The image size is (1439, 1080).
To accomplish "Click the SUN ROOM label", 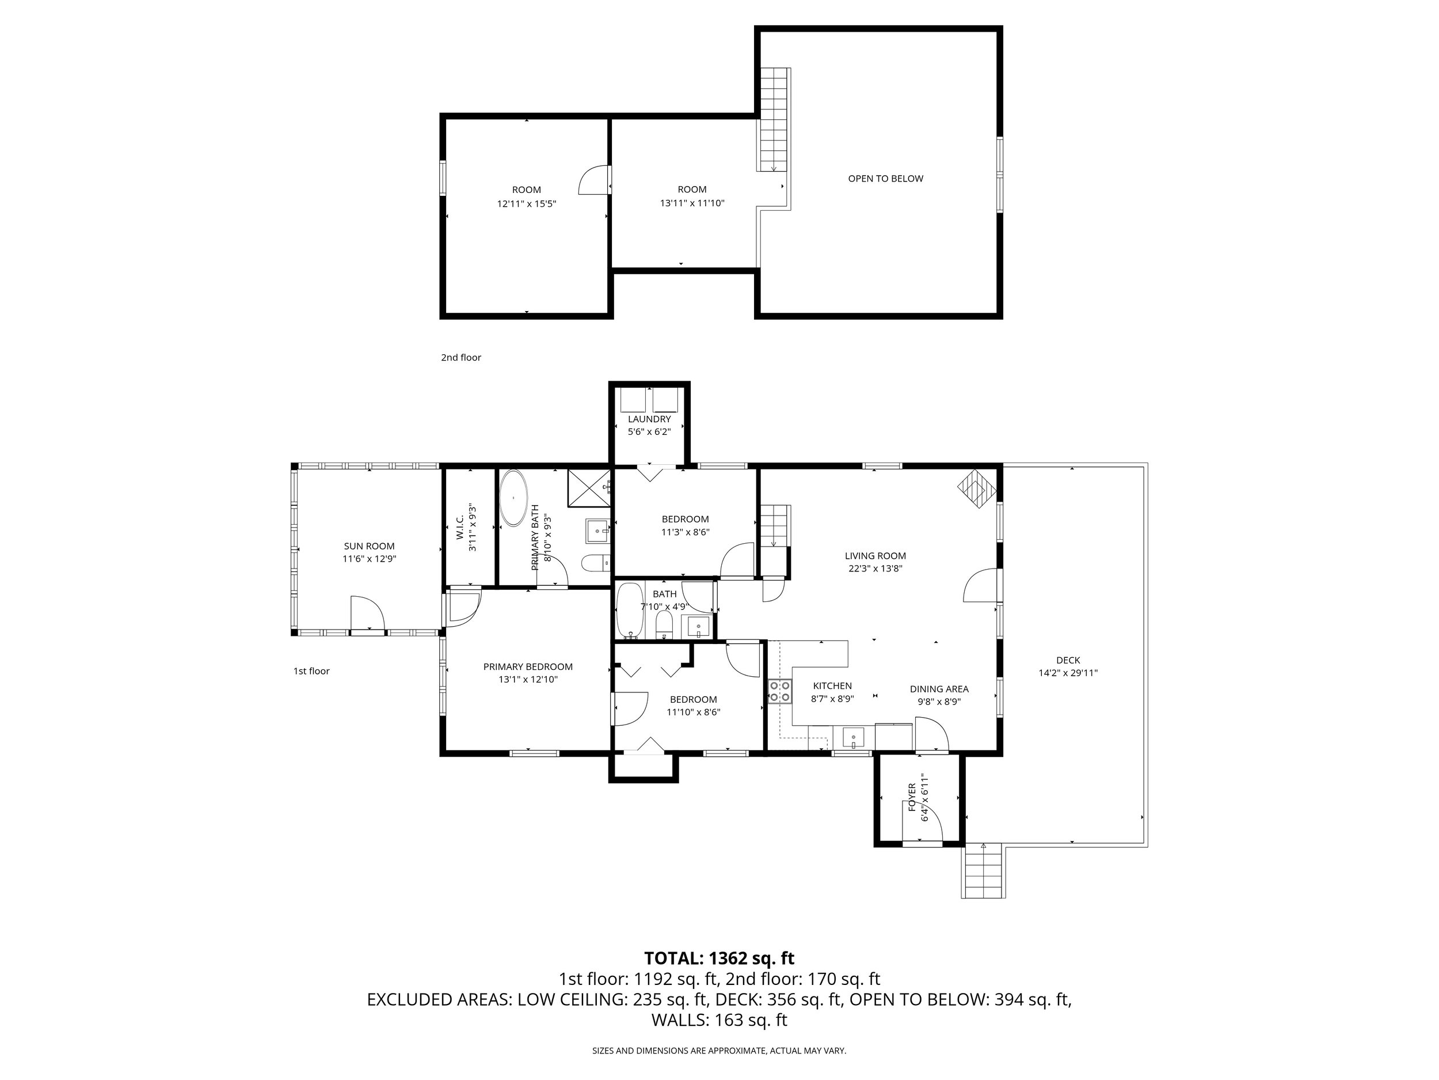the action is (369, 546).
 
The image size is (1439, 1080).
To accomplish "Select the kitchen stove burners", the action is (780, 691).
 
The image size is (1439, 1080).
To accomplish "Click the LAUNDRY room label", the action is (649, 419).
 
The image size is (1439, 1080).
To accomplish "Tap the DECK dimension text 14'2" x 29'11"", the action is (1068, 673).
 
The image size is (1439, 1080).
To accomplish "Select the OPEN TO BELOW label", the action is (885, 179).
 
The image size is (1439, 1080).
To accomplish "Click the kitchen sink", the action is (853, 738).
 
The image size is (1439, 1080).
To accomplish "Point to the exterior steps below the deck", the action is (983, 871).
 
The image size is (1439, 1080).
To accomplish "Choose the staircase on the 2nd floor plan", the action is (774, 119).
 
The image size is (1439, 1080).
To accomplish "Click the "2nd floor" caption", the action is (461, 357).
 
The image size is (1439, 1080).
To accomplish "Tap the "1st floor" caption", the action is (311, 671).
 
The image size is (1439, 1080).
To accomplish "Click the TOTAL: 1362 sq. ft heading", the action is (719, 958).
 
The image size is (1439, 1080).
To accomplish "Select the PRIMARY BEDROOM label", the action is (528, 666).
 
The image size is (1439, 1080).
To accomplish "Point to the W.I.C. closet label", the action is (460, 527).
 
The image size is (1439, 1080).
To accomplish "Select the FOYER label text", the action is (911, 797).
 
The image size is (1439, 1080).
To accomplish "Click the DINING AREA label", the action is (939, 689).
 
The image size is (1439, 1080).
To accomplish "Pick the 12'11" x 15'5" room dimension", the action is (526, 204).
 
